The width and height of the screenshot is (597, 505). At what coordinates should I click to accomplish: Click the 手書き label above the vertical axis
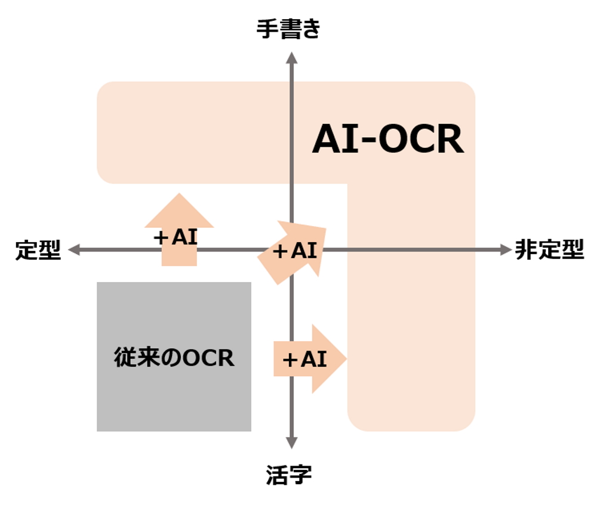288,28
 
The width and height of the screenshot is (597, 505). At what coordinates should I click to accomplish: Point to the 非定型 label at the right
549,250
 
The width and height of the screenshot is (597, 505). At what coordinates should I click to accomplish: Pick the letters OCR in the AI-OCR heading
421,141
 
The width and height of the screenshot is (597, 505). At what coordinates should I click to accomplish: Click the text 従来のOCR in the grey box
174,358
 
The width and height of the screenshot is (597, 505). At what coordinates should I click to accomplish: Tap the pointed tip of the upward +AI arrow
179,194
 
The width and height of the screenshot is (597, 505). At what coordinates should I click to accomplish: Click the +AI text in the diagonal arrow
294,251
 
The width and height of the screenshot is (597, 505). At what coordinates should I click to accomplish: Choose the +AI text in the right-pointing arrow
304,359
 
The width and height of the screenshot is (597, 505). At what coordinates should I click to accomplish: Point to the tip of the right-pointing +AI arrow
345,359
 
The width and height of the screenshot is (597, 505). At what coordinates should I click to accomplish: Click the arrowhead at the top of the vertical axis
291,57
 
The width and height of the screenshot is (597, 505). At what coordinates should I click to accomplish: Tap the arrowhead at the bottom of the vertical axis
291,443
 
